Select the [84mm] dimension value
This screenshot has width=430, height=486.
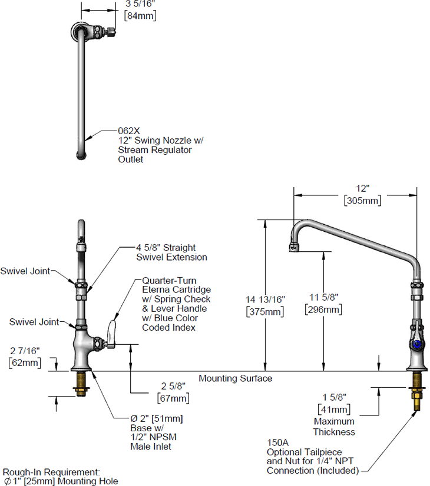pyautogui.click(x=140, y=16)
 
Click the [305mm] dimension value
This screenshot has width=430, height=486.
pyautogui.click(x=362, y=201)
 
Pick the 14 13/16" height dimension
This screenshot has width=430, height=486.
pyautogui.click(x=265, y=299)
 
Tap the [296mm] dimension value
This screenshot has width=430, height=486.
pyautogui.click(x=323, y=309)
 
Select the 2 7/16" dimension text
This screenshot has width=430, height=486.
pyautogui.click(x=24, y=351)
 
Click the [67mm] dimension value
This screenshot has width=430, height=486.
pyautogui.click(x=171, y=398)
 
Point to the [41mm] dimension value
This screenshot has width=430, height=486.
pyautogui.click(x=334, y=409)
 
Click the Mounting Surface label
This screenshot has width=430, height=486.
pyautogui.click(x=235, y=378)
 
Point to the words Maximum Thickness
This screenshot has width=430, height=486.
pyautogui.click(x=334, y=427)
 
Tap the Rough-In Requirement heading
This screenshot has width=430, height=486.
pyautogui.click(x=52, y=472)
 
